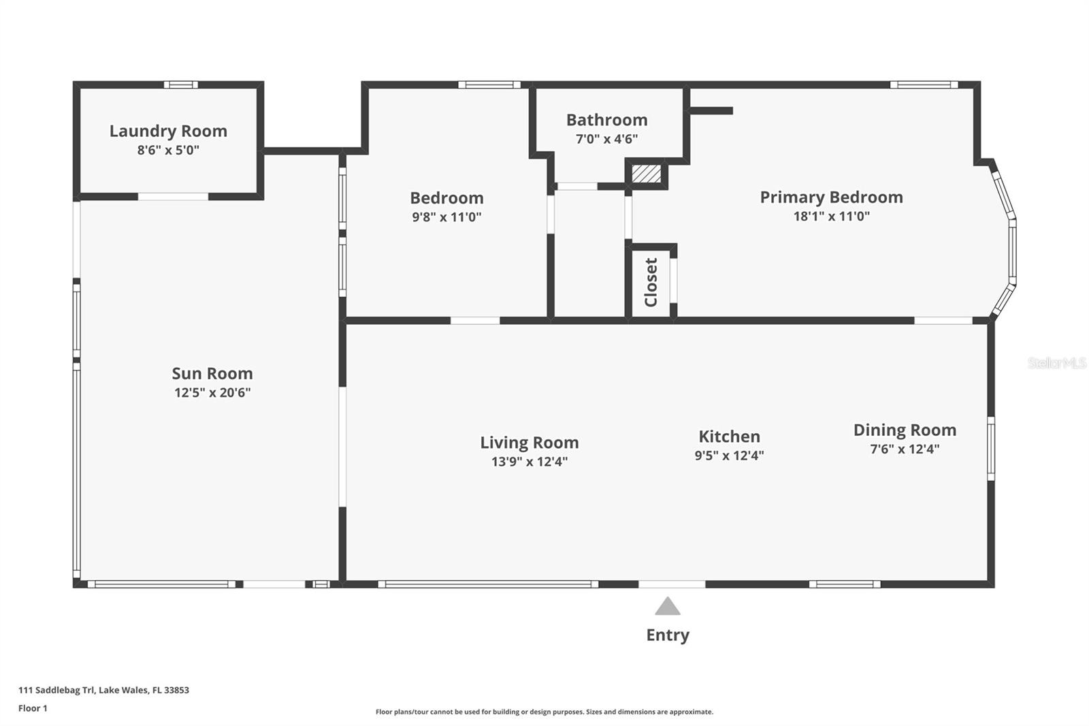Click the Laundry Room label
[168, 131]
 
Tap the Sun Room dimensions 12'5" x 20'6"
[212, 392]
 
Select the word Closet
[651, 282]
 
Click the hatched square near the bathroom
[646, 173]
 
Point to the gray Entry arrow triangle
[668, 606]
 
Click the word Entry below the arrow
[668, 635]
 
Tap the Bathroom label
[606, 120]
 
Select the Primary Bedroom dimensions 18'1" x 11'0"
[831, 217]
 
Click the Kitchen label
[729, 437]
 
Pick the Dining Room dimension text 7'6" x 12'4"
[905, 449]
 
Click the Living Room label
[530, 443]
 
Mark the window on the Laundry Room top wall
[180, 85]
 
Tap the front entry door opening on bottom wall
[672, 584]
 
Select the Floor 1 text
[33, 708]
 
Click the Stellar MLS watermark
[1056, 363]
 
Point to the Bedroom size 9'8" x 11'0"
[446, 217]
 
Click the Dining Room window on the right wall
[991, 449]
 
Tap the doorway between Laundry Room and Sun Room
[173, 197]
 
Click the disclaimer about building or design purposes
[544, 712]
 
